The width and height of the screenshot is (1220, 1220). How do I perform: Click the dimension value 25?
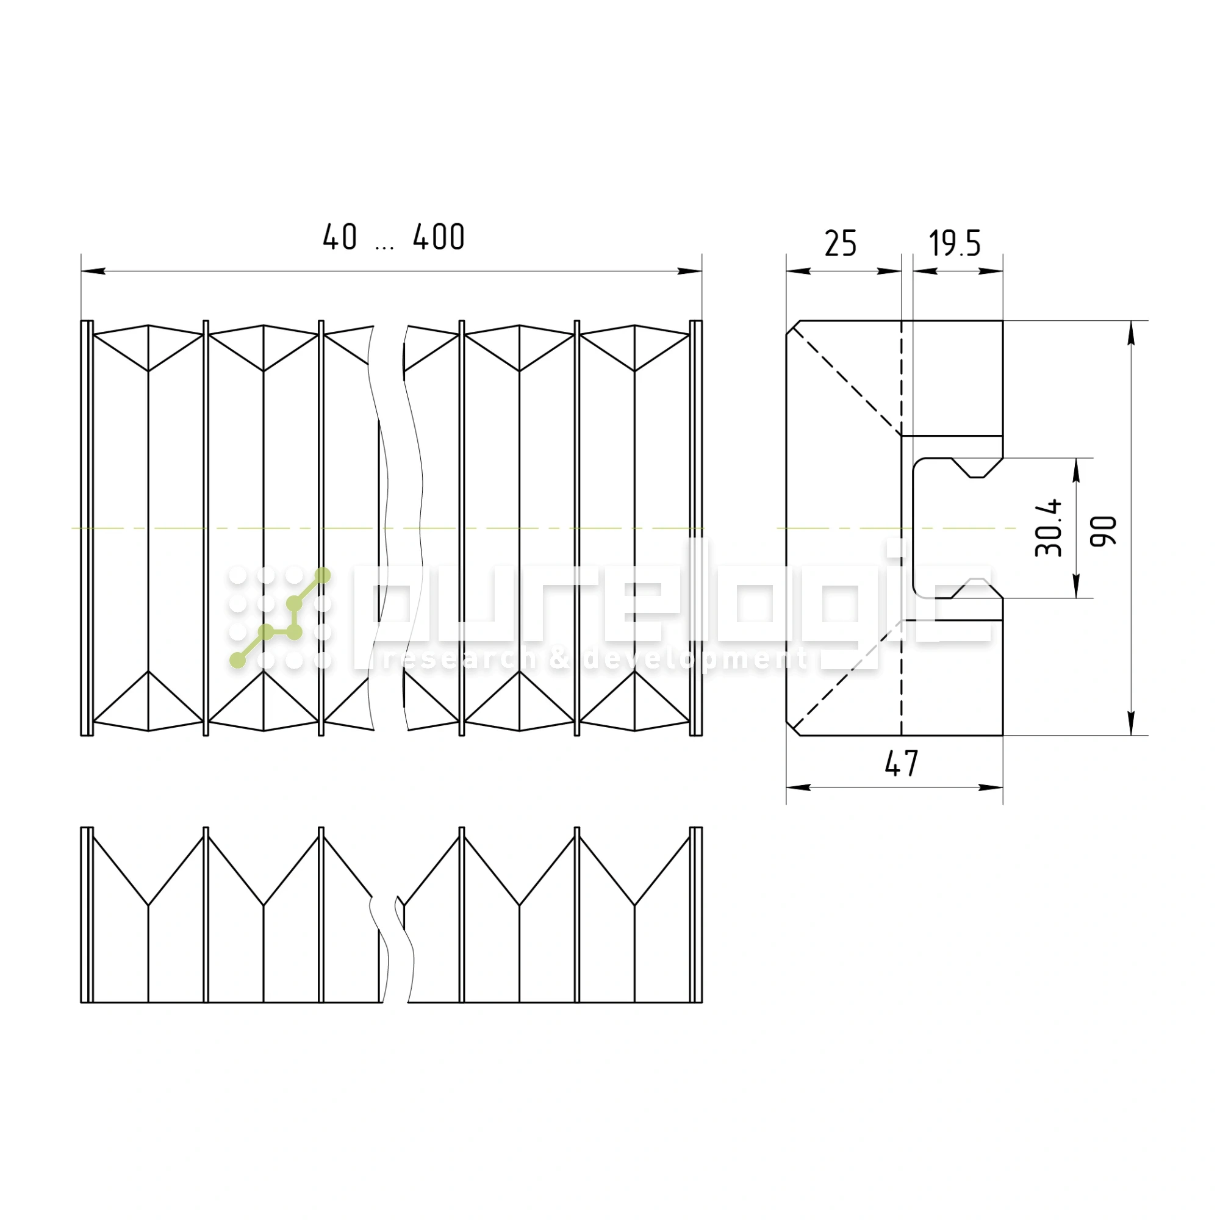point(841,244)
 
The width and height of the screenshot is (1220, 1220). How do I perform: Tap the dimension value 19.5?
point(955,244)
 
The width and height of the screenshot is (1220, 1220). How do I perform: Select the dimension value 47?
point(901,764)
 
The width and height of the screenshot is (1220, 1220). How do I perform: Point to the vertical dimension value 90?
point(1104,531)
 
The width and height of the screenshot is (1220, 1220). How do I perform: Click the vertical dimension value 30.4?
point(1048,528)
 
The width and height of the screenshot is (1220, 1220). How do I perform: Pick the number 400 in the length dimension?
point(439,237)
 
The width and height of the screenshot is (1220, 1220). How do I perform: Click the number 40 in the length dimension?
point(340,237)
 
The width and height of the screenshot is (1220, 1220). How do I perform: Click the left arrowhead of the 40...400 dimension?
point(93,271)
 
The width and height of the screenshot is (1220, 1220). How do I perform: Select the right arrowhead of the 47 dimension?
point(991,788)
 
